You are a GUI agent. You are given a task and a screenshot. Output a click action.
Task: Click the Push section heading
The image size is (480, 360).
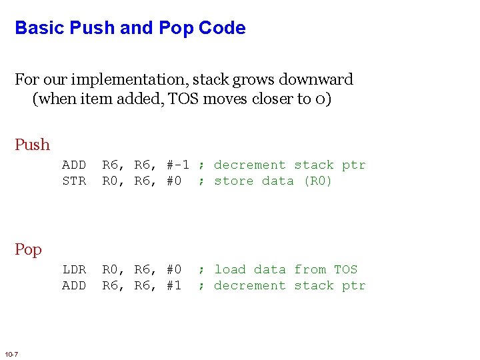pyautogui.click(x=32, y=145)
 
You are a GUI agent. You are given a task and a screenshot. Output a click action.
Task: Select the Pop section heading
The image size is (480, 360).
pyautogui.click(x=28, y=249)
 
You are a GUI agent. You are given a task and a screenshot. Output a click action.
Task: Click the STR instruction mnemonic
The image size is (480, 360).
pyautogui.click(x=74, y=181)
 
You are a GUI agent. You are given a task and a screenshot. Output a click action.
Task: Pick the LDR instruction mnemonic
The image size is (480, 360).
pyautogui.click(x=74, y=269)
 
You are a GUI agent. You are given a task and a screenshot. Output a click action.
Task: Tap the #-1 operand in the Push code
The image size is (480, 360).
pyautogui.click(x=178, y=165)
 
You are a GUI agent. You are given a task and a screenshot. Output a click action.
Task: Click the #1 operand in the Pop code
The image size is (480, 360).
pyautogui.click(x=173, y=285)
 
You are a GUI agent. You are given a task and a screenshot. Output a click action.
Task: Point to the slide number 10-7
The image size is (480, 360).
pyautogui.click(x=11, y=353)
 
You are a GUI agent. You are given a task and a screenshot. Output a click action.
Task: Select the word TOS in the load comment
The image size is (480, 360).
pyautogui.click(x=345, y=269)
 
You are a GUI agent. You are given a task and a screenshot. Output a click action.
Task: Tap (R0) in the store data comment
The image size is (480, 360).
pyautogui.click(x=317, y=181)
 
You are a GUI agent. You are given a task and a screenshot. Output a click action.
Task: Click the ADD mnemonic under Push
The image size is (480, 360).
pyautogui.click(x=74, y=165)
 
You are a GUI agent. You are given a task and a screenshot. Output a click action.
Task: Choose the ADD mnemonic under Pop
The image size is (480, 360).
pyautogui.click(x=74, y=285)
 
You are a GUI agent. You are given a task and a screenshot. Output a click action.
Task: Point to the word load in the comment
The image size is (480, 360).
pyautogui.click(x=230, y=269)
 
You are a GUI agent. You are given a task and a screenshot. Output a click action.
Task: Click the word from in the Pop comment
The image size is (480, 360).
pyautogui.click(x=310, y=269)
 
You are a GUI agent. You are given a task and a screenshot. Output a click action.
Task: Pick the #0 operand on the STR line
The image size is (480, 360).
pyautogui.click(x=173, y=181)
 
